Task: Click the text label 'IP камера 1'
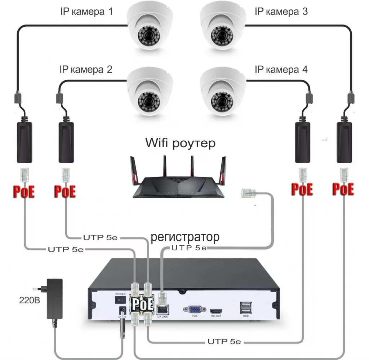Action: pyautogui.click(x=86, y=12)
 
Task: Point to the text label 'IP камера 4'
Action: pyautogui.click(x=281, y=70)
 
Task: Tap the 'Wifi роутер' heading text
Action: pyautogui.click(x=180, y=143)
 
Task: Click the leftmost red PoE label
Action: pyautogui.click(x=24, y=192)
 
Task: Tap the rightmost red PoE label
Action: pyautogui.click(x=343, y=189)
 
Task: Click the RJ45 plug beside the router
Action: pyautogui.click(x=248, y=193)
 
